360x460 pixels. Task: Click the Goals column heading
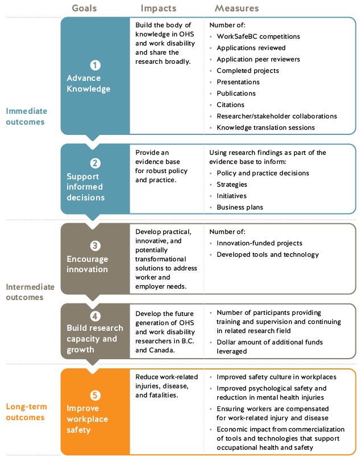[84, 9]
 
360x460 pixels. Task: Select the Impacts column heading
[159, 9]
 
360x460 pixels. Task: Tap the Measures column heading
[237, 9]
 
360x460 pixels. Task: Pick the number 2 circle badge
[95, 163]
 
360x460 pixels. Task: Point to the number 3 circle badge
[95, 246]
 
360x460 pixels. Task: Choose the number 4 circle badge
[95, 315]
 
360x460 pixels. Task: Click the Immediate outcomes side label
[26, 116]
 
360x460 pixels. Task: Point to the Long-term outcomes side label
[26, 412]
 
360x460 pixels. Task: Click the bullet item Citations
[230, 105]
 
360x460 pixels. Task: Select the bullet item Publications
[236, 93]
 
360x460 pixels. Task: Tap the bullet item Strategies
[232, 184]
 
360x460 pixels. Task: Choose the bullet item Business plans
[239, 207]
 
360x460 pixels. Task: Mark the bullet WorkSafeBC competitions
[258, 36]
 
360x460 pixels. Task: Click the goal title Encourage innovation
[87, 264]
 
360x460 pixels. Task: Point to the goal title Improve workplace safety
[87, 418]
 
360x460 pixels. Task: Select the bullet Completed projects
[247, 71]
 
